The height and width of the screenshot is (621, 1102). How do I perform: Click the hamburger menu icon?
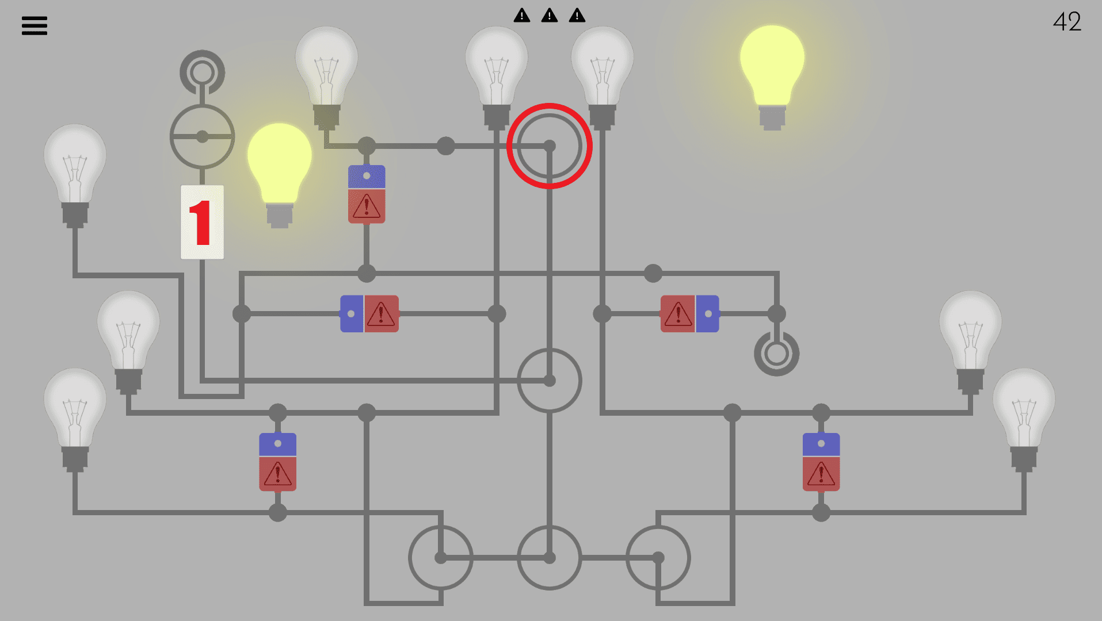click(x=35, y=25)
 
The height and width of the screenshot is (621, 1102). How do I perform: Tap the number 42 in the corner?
click(x=1067, y=22)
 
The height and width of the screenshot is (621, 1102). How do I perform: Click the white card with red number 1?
click(x=202, y=222)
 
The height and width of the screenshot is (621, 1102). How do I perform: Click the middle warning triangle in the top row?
click(x=550, y=15)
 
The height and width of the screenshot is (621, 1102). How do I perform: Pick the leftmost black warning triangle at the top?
click(x=522, y=15)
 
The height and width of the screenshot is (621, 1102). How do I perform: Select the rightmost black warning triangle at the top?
click(x=577, y=15)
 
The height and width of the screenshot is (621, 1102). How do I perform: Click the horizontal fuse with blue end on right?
click(x=690, y=314)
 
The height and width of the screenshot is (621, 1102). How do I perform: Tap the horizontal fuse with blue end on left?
click(x=369, y=314)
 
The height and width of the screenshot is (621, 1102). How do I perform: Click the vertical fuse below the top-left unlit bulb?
click(x=367, y=194)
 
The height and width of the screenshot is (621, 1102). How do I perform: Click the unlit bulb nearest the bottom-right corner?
click(x=1024, y=420)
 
